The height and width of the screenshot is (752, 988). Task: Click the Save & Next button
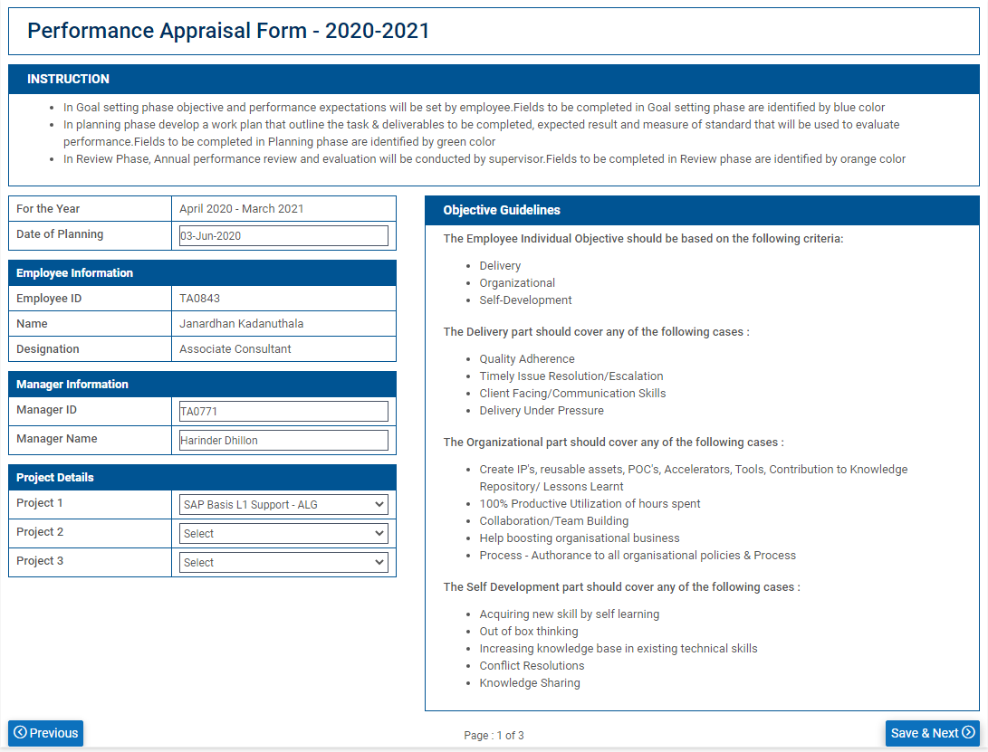(932, 733)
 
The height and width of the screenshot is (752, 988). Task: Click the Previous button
(46, 733)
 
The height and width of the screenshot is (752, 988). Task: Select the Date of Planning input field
(283, 236)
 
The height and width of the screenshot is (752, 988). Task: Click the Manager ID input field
(283, 412)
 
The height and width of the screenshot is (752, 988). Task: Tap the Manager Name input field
(283, 441)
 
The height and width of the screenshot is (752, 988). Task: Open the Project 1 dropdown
(283, 505)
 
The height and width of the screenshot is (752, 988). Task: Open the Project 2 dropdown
(283, 534)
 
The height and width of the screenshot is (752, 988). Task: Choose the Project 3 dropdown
(283, 563)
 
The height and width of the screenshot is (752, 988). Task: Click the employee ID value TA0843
(200, 299)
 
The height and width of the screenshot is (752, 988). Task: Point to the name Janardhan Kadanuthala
(241, 324)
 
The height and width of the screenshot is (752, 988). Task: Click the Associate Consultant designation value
(235, 349)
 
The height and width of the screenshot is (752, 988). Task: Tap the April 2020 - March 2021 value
(242, 209)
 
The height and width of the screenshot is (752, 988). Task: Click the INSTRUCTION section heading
(68, 80)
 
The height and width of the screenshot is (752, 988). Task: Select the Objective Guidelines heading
(502, 211)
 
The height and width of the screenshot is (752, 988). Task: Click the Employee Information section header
(74, 273)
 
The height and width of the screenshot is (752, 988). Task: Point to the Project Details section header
(55, 478)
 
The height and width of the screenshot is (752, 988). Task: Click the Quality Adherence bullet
(527, 359)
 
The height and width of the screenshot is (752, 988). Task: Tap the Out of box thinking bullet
(529, 632)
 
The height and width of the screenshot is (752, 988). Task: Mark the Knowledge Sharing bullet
(530, 683)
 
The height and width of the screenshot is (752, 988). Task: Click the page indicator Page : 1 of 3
(494, 736)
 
